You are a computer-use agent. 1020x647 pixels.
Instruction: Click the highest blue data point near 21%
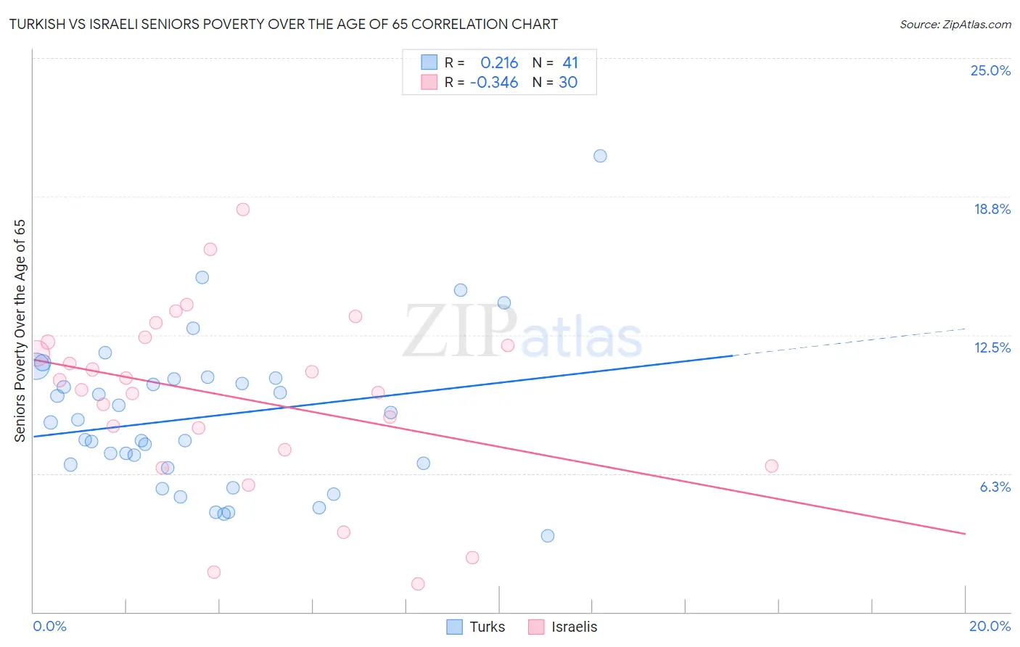[600, 156]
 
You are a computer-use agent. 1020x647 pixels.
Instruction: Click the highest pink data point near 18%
[243, 210]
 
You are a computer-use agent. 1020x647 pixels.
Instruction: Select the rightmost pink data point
[771, 466]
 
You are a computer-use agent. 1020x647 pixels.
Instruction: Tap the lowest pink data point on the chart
[418, 584]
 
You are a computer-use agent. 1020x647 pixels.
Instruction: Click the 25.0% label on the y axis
[990, 70]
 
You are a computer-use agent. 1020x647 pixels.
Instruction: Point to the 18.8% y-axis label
[992, 209]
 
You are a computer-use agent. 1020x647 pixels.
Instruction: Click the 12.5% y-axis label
[992, 347]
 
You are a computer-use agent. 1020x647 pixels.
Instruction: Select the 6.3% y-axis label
[995, 487]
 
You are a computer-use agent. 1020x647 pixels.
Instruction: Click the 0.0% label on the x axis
[49, 626]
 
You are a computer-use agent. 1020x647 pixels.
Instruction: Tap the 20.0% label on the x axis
[990, 626]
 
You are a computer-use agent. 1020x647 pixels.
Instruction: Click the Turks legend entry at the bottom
[476, 627]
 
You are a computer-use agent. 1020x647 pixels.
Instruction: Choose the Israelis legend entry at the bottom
[563, 627]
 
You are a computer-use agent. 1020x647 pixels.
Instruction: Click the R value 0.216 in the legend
[499, 63]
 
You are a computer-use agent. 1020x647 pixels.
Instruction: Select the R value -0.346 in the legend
[494, 83]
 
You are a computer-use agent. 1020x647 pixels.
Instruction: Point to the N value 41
[570, 63]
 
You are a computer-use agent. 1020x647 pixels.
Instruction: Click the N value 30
[568, 83]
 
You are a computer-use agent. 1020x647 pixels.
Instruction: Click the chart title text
[284, 24]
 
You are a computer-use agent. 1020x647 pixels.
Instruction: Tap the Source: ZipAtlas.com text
[955, 25]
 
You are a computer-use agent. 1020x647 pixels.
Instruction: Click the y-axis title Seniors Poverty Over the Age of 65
[20, 330]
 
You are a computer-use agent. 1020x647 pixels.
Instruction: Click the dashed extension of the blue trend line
[849, 342]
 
